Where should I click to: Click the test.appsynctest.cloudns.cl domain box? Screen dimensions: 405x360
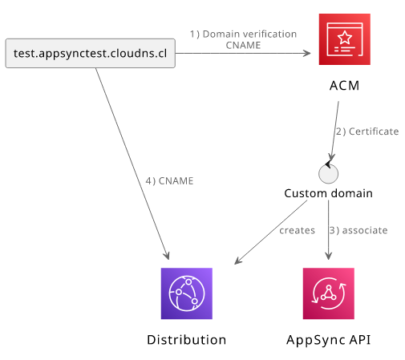pos(91,53)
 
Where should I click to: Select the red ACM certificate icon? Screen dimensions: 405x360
pos(345,39)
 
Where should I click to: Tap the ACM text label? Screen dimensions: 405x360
pos(344,86)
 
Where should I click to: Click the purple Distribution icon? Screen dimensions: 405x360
pos(187,293)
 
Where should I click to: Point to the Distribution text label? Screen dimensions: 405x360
pos(187,340)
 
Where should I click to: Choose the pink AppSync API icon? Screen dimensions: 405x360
pos(329,293)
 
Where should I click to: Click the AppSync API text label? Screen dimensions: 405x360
pos(329,340)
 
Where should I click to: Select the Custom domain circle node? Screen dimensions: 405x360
pos(329,174)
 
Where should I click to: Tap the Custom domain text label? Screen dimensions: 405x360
pos(328,193)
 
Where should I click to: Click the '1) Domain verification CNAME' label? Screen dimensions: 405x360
pos(243,39)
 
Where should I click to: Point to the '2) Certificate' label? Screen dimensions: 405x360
pos(367,131)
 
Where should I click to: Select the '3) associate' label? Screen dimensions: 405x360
pos(358,230)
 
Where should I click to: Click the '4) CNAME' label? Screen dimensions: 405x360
pos(169,181)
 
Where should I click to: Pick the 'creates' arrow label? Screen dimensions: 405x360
pos(297,230)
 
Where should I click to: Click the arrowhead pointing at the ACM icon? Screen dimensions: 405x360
pos(307,53)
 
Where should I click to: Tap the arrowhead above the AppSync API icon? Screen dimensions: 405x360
pos(329,256)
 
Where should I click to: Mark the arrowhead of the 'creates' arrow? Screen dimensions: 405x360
pos(237,261)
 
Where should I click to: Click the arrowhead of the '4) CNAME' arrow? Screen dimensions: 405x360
pos(167,256)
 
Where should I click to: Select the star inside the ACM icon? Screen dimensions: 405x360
pos(345,38)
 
